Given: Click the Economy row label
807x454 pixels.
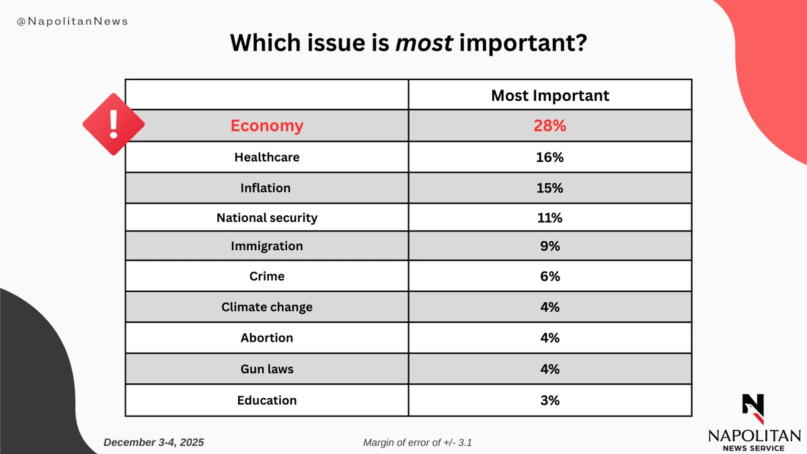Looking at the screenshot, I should coord(267,126).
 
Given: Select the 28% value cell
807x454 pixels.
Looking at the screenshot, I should coord(549,126).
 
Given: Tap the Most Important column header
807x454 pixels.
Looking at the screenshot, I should coord(549,96).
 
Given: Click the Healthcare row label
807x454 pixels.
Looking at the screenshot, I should coord(267,157).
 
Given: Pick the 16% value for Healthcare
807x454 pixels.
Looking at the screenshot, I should coord(549,157).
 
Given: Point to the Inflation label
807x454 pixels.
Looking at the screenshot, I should coord(266,188).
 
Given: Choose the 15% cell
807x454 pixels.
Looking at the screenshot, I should coord(549,188).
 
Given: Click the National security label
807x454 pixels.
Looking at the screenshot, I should coord(267,218).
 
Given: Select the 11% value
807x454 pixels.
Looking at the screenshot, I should coord(549,218).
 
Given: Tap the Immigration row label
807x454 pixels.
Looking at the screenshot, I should coord(267,246).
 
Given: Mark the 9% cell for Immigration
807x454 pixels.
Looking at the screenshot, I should coord(549,246).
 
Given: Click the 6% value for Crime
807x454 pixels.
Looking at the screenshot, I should coord(549,276).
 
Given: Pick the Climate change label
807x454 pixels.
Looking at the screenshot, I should coord(267,307).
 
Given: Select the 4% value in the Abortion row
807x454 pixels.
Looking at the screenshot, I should coord(549,338).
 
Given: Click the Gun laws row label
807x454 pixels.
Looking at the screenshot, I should coord(267,369).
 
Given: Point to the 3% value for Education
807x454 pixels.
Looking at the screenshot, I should coord(549,400).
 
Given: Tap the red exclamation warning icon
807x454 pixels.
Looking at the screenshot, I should coord(113,123).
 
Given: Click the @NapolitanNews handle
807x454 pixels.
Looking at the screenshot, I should coord(73,22).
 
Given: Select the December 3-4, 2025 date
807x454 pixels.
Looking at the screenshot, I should coord(154,442).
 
